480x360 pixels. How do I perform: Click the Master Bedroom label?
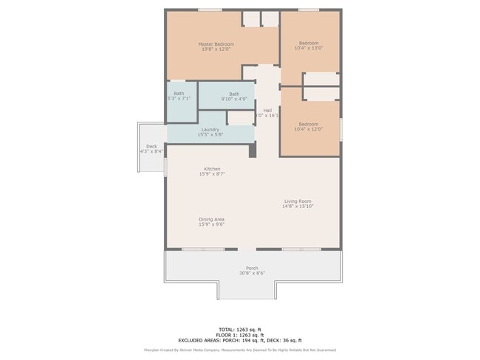[x=214, y=44]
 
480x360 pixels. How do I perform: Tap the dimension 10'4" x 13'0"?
[x=309, y=49]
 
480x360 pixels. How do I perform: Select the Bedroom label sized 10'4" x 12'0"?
[x=309, y=124]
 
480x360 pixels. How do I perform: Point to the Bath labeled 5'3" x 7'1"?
[x=179, y=94]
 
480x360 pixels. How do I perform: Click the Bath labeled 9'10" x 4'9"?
[x=234, y=94]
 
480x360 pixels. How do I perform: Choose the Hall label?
[x=267, y=110]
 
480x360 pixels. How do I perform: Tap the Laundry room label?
[x=210, y=130]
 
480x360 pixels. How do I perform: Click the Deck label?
[x=151, y=146]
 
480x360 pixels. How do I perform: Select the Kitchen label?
[x=212, y=169]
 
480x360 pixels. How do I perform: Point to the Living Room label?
[x=298, y=201]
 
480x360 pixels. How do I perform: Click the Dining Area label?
[x=211, y=219]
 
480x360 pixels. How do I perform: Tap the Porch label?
[x=252, y=268]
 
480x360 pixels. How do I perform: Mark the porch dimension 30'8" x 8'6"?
[x=252, y=274]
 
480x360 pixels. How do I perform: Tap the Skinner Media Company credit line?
[x=240, y=350]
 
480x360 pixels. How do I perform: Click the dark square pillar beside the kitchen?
[x=253, y=150]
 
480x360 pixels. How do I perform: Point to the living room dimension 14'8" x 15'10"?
[x=298, y=207]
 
